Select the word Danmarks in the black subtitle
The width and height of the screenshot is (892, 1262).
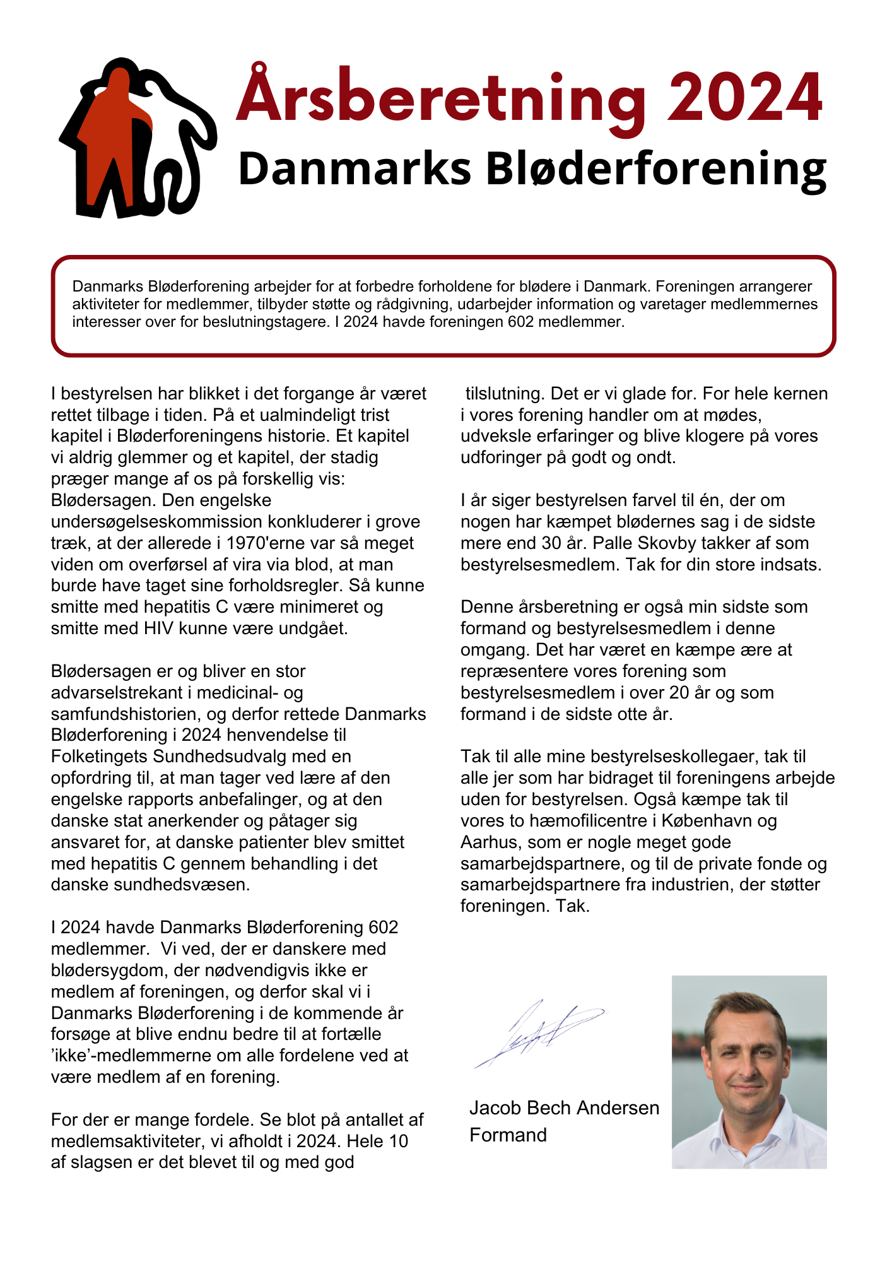point(355,169)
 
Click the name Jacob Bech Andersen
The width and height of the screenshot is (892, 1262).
point(564,1108)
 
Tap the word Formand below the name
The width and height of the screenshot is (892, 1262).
point(508,1135)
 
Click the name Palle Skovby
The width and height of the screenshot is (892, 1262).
point(647,543)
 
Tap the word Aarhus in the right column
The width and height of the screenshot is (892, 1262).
point(490,842)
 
